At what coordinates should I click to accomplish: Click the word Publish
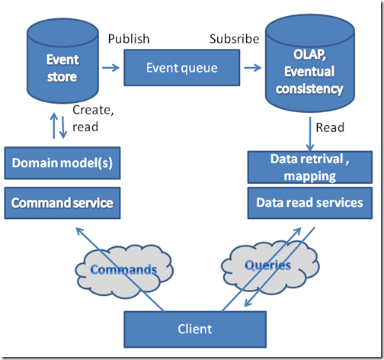[129, 39]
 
